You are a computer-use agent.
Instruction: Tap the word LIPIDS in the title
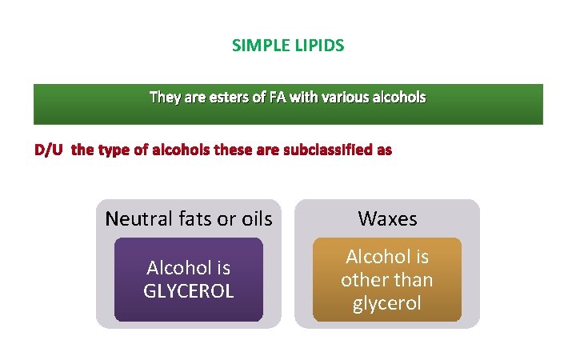pos(318,46)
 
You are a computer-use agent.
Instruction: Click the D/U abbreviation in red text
pos(49,150)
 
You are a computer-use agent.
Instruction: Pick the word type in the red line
pos(112,150)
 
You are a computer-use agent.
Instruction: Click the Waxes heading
pos(387,218)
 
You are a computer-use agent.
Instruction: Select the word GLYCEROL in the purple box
pos(189,291)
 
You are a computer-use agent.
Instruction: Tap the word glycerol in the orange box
pos(387,304)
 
